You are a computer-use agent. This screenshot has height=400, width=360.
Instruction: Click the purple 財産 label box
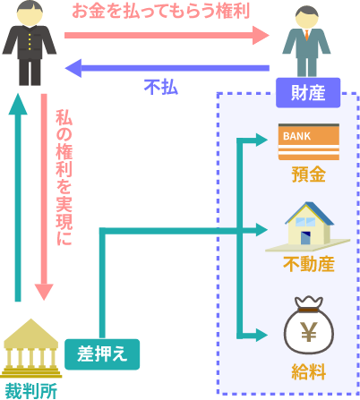point(308,92)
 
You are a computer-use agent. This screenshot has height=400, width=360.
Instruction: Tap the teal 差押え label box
point(102,354)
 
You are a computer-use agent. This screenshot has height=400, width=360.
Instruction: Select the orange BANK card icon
point(309,141)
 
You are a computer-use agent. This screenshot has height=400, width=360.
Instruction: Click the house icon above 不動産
point(307,226)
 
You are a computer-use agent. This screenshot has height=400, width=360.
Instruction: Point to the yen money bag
point(309,325)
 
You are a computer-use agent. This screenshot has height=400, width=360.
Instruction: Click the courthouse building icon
point(30,348)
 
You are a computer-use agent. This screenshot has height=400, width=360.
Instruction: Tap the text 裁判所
point(31,390)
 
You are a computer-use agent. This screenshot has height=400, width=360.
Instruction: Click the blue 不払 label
point(161,88)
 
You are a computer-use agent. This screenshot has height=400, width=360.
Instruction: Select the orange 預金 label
point(309,174)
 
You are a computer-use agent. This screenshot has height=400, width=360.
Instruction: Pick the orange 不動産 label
point(309,264)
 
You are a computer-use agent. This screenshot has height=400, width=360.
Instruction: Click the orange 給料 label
point(309,371)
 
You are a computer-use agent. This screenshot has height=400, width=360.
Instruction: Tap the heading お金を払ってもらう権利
point(160,12)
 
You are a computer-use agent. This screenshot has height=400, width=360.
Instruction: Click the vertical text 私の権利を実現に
point(64,178)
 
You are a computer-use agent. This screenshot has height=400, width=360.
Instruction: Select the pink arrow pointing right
point(167,35)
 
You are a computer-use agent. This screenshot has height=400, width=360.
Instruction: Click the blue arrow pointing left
point(167,68)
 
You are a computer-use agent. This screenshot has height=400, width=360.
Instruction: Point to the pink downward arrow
point(44,197)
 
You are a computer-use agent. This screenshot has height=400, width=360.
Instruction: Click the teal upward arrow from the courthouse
point(18,198)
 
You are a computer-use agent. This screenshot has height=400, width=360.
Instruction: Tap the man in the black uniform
point(30,43)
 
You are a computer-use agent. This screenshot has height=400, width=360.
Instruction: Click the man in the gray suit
point(306,42)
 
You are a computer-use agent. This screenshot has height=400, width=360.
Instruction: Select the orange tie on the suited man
point(307,35)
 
